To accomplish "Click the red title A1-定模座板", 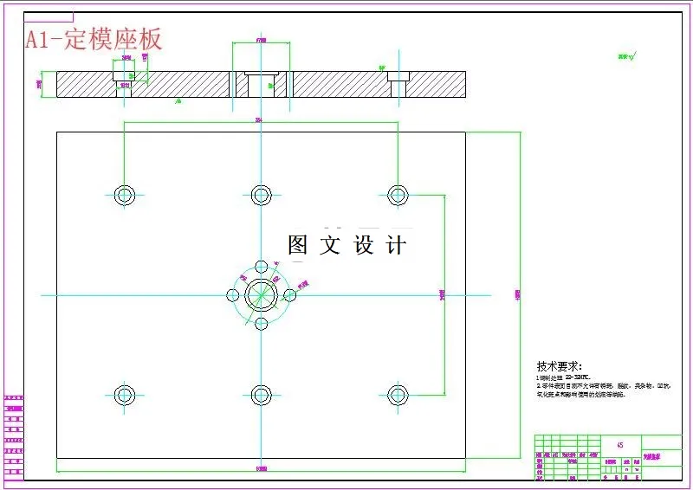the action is [94, 39].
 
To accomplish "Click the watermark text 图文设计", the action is [346, 245].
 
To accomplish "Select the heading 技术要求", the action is [560, 366].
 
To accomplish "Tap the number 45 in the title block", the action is [619, 445].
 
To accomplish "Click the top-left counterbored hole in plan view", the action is [125, 194].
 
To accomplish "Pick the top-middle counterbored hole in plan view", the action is [261, 194].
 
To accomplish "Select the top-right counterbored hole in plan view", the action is [398, 194].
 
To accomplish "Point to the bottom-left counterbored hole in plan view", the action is [125, 396].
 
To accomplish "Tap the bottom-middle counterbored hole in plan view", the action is [261, 396].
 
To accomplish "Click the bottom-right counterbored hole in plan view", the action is [398, 396].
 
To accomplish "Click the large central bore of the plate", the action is [261, 294].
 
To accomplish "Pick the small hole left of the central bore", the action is [233, 294].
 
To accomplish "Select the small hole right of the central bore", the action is [290, 294].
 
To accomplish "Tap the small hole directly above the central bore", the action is [261, 266].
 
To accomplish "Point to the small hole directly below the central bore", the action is [261, 324].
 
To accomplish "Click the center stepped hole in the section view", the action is [261, 84].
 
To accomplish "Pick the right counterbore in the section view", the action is [398, 85].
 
